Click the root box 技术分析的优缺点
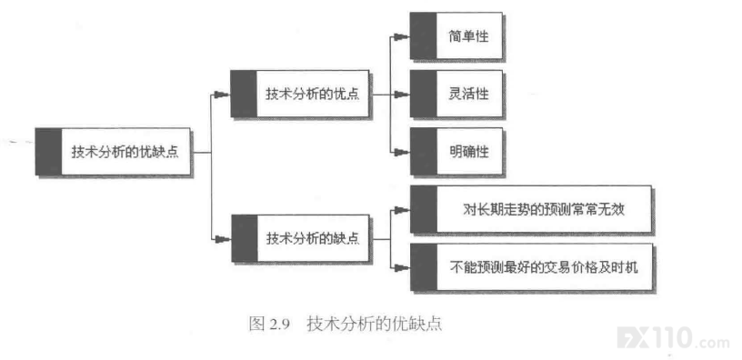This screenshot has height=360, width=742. tap(113, 152)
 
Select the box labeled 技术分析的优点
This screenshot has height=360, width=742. tap(300, 94)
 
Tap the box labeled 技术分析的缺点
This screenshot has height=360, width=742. tap(300, 238)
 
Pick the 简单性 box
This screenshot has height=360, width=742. tap(456, 36)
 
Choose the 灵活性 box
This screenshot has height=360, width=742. tap(456, 94)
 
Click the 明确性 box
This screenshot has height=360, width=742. tap(456, 152)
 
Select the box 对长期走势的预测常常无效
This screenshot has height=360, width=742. tap(530, 209)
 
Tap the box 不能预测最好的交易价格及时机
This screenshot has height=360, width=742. tap(531, 267)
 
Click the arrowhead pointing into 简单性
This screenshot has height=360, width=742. tap(402, 36)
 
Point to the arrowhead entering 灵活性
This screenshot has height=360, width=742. tap(402, 95)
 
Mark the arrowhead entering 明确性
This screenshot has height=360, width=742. tap(402, 152)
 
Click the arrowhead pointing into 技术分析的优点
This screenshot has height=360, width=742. tap(223, 95)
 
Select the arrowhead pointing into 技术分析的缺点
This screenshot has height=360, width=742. tap(223, 238)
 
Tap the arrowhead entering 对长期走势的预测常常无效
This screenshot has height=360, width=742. tap(402, 210)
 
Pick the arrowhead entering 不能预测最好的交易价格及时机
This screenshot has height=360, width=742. tap(402, 267)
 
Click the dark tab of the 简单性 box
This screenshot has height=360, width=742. tap(423, 36)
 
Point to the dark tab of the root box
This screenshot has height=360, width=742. tap(48, 152)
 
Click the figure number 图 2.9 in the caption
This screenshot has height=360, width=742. tap(269, 325)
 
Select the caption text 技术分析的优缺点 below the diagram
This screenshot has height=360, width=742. tap(375, 325)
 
